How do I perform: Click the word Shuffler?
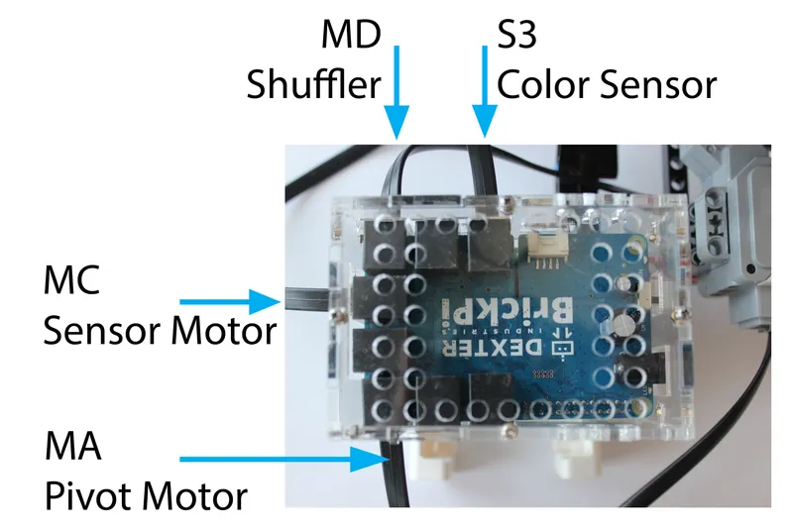tap(314, 85)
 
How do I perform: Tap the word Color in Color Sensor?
tap(541, 85)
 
